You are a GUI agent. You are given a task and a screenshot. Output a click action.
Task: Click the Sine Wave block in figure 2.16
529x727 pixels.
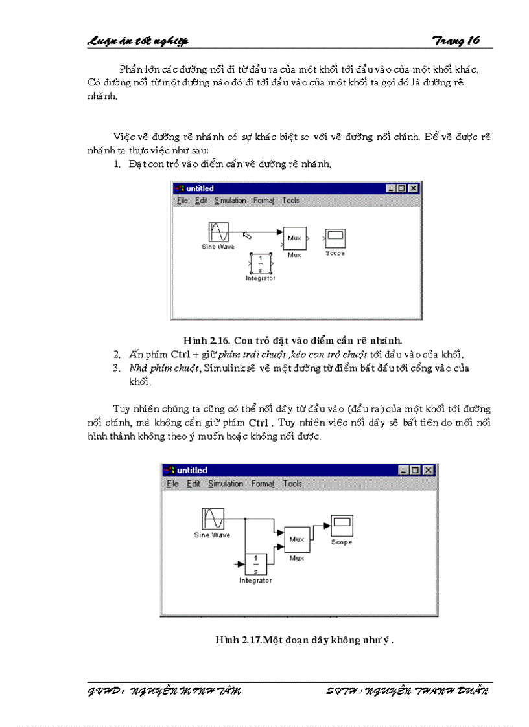coord(218,232)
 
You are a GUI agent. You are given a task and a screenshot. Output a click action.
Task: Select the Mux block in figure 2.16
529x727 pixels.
coord(294,238)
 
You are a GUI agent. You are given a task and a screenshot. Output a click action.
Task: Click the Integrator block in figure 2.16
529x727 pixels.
coord(261,263)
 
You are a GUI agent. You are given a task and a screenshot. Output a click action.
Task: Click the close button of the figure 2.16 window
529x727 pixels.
coord(413,188)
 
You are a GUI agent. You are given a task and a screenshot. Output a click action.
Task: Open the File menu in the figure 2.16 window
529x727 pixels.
coord(182,201)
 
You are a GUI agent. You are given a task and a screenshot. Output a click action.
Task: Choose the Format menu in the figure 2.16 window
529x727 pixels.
coord(264,201)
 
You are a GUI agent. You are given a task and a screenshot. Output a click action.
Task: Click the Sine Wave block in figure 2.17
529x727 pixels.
coord(213,519)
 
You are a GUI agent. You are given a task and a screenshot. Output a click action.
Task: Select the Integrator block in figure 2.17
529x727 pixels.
coord(255,565)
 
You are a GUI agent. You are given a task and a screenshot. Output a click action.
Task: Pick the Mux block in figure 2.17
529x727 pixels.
coord(296,539)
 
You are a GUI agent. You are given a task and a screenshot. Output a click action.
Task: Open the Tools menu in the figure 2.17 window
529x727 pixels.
coord(292,484)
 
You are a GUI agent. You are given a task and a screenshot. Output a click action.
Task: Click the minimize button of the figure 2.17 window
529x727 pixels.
coord(404,471)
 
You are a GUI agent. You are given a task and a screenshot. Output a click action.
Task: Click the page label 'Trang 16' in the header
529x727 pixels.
coord(456,40)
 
